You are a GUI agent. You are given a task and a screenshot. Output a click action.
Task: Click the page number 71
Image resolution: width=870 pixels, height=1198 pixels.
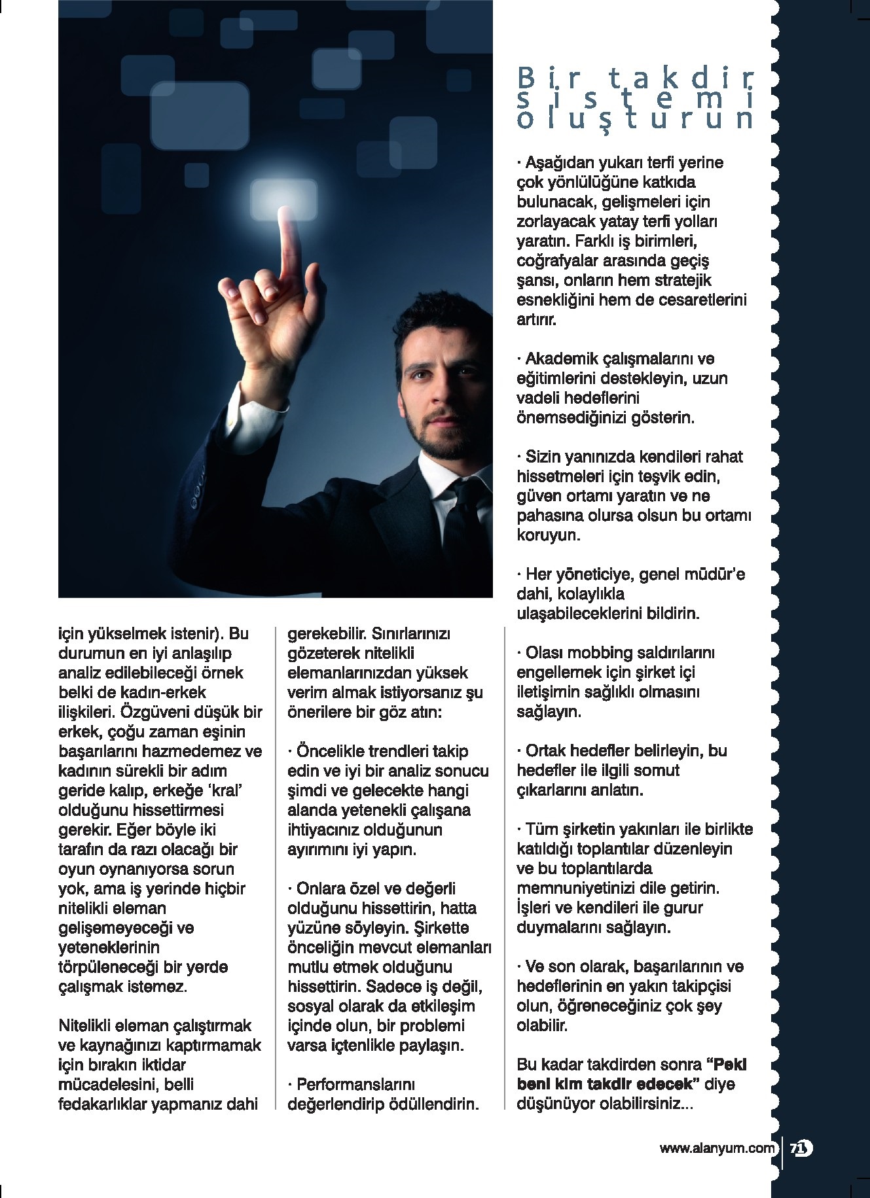(x=801, y=1148)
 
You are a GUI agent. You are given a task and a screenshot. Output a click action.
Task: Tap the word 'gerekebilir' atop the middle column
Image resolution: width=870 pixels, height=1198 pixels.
(x=327, y=633)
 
